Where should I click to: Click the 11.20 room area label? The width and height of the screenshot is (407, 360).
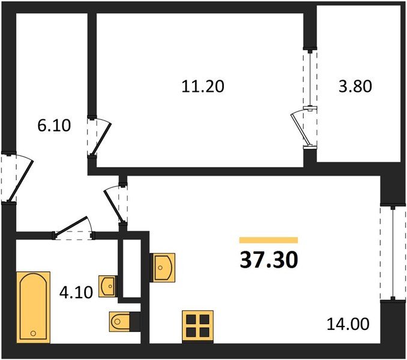coord(203,86)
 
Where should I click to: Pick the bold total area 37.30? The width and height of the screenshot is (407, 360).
coord(269,259)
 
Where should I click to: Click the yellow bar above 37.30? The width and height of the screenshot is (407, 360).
coord(268,240)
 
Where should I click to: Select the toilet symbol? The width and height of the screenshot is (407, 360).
coord(122,322)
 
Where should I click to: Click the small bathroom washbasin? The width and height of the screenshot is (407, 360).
coord(108,286)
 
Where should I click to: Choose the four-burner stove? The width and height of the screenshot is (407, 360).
coord(197,326)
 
